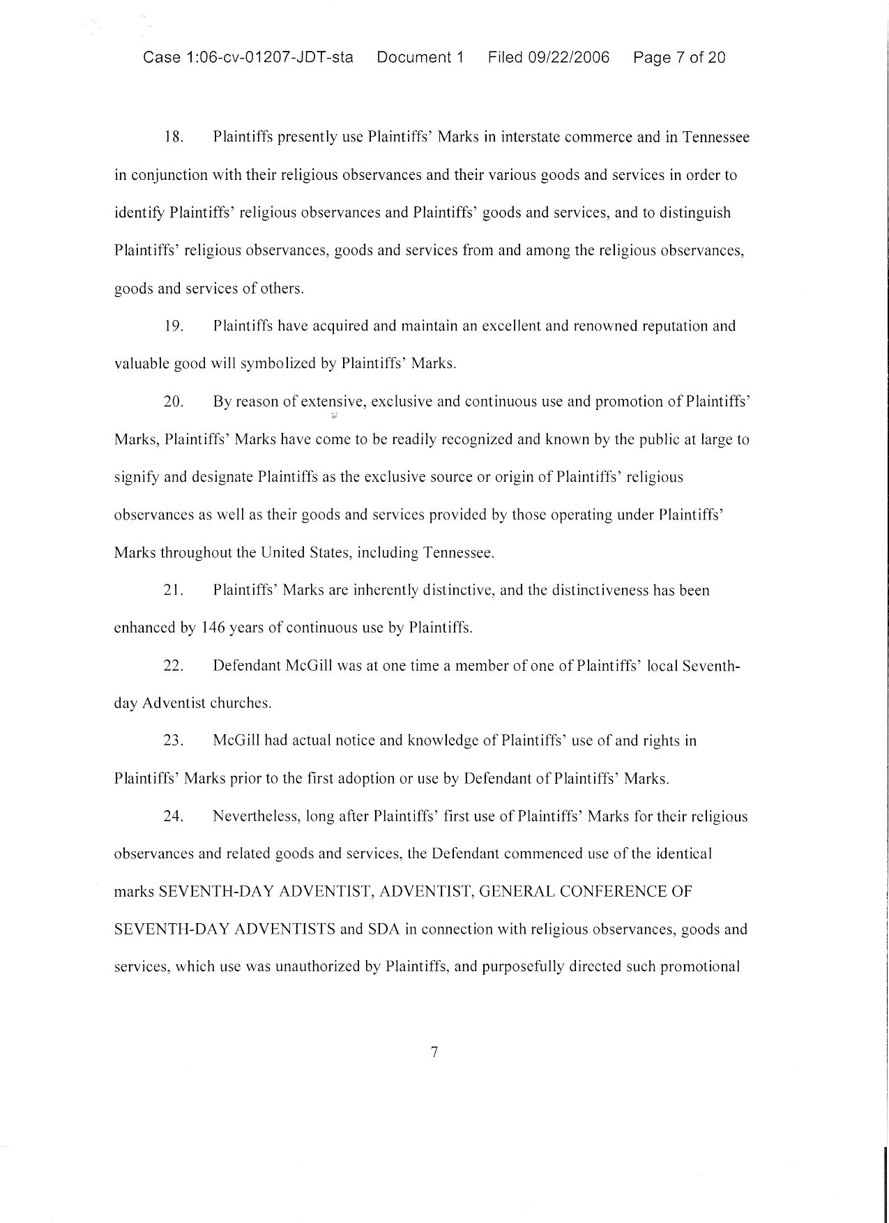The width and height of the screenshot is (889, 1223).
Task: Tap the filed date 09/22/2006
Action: click(568, 58)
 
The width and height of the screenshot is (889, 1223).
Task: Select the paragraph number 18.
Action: click(173, 137)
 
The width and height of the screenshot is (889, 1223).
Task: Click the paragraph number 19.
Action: click(173, 326)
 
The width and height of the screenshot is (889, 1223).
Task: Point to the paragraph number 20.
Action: click(173, 402)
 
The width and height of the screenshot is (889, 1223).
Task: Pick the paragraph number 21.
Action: click(173, 591)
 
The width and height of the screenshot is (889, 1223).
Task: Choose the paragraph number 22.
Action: click(173, 666)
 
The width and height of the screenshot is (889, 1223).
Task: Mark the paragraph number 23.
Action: click(173, 740)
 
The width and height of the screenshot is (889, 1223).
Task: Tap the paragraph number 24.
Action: click(173, 816)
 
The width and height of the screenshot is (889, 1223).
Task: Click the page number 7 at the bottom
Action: click(434, 1052)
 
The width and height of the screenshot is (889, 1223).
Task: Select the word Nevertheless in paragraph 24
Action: click(256, 816)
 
